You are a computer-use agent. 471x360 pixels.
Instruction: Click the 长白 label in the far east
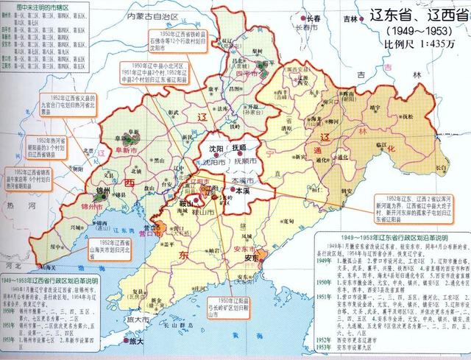(x=462, y=168)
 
